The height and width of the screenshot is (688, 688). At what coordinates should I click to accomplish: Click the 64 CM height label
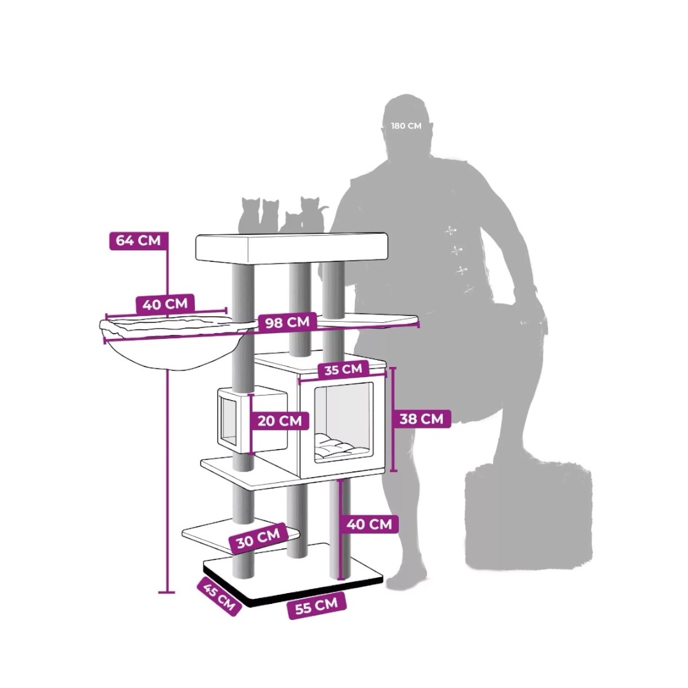(x=138, y=241)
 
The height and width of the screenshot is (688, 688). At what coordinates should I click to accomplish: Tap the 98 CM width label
(x=287, y=322)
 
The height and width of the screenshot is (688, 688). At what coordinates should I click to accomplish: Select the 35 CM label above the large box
(x=343, y=369)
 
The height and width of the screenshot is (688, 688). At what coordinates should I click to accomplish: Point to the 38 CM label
(x=421, y=419)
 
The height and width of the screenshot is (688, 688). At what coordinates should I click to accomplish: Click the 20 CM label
(x=280, y=421)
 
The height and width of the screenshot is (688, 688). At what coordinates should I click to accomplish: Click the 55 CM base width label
(x=317, y=606)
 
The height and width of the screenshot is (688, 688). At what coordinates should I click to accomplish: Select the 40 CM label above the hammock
(x=165, y=304)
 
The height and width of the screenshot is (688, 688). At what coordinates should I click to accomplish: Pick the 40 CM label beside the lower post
(x=369, y=524)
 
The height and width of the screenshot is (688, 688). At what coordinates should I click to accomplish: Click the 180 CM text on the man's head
(x=406, y=126)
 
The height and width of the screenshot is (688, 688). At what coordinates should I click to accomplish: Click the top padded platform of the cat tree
(x=292, y=248)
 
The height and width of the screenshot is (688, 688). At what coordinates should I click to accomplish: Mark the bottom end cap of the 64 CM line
(x=167, y=592)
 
